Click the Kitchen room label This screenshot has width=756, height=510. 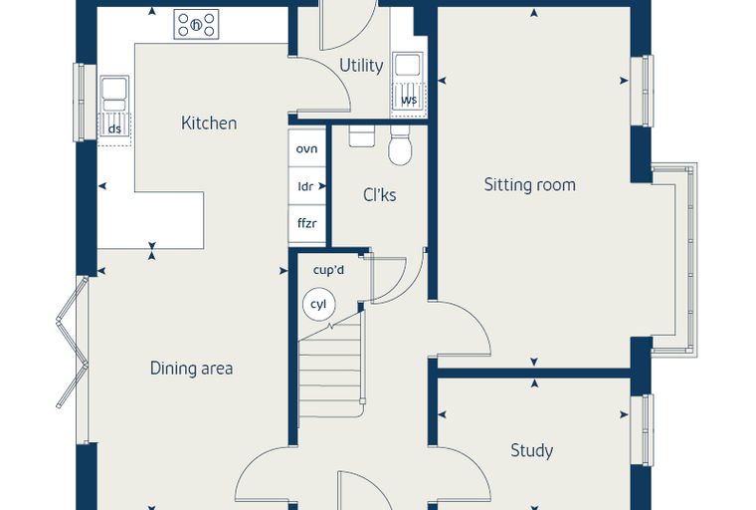(x=209, y=124)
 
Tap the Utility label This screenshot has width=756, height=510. (x=361, y=65)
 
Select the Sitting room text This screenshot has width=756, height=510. (x=529, y=185)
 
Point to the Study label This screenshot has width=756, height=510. (x=531, y=450)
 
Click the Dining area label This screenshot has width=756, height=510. (x=191, y=369)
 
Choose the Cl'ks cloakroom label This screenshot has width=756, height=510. (x=379, y=195)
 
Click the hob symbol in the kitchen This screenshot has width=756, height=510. (x=196, y=24)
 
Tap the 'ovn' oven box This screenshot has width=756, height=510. (x=306, y=148)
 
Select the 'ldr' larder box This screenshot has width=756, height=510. (x=306, y=186)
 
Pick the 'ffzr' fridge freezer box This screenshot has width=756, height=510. (x=306, y=223)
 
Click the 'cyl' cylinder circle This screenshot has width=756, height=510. (x=318, y=305)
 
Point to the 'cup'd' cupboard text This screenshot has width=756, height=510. (x=328, y=270)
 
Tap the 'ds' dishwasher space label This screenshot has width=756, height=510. (x=114, y=128)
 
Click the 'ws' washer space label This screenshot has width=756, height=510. (x=409, y=100)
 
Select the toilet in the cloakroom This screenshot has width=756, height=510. (x=400, y=144)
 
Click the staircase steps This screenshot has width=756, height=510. (x=330, y=371)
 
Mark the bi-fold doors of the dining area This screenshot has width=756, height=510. (x=73, y=342)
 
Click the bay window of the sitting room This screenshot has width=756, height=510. (x=675, y=260)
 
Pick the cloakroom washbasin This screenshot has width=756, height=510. (x=361, y=135)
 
